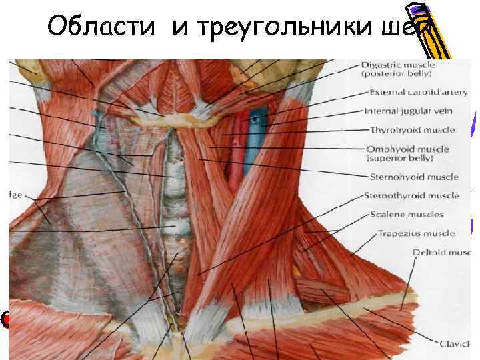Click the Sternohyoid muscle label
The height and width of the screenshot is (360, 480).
tap(414, 177)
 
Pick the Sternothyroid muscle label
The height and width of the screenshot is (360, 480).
tap(412, 196)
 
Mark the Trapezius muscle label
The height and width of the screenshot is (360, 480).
tap(417, 234)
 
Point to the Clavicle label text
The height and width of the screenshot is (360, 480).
tap(459, 344)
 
